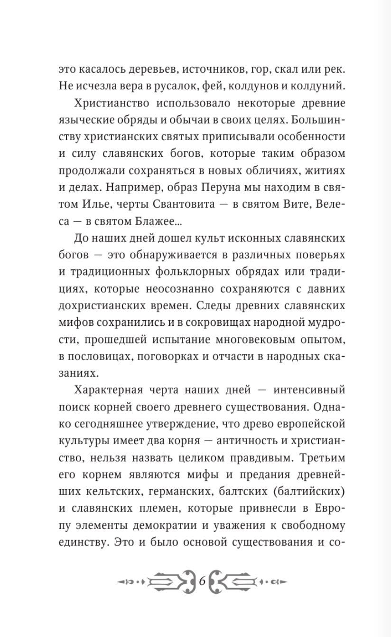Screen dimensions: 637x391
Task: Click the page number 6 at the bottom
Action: pyautogui.click(x=202, y=580)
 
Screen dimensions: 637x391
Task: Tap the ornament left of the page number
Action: pyautogui.click(x=157, y=580)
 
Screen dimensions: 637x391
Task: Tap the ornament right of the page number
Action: pyautogui.click(x=247, y=580)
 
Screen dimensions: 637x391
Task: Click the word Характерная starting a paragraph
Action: pyautogui.click(x=109, y=390)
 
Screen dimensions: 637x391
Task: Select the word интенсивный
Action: pyautogui.click(x=308, y=390)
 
